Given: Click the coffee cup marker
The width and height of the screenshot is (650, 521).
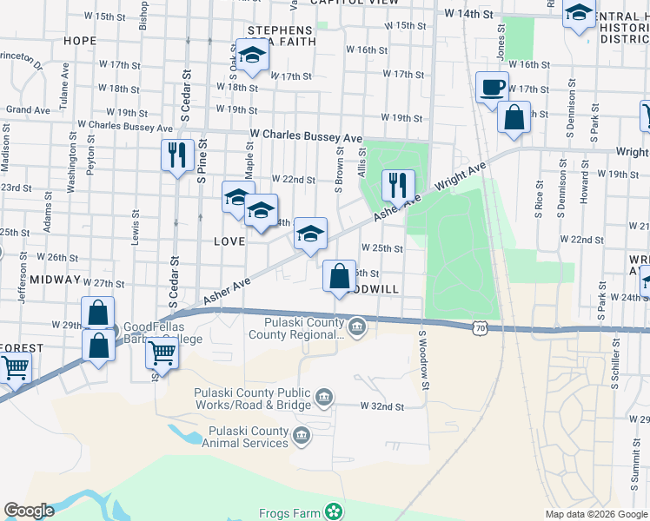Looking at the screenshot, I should tap(492, 88).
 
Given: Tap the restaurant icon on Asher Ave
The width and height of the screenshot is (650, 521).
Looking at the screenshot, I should tap(398, 185).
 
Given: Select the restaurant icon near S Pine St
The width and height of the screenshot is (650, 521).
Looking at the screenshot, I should tap(177, 155).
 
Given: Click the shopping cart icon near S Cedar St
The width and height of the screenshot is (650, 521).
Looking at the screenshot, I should tap(162, 354).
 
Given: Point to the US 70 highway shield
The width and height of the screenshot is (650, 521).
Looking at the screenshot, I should tap(480, 327).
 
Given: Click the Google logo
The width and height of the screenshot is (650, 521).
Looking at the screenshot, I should tap(29, 511).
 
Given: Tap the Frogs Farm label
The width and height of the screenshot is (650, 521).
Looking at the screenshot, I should tap(289, 512).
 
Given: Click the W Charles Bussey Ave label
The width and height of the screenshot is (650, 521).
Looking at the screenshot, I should tap(305, 137).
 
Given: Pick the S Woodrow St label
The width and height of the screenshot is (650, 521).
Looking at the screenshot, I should tap(424, 358).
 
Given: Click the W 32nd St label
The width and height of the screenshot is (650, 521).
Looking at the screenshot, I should tap(382, 406).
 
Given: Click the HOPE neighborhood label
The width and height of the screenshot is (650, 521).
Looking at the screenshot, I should tap(80, 41).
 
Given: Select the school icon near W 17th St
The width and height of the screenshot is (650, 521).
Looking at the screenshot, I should tap(253, 55).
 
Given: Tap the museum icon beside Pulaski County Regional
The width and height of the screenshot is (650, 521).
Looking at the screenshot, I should tap(358, 327).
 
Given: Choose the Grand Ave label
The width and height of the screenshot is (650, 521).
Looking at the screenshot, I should tap(29, 110).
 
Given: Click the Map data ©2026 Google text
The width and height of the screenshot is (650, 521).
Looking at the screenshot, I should tap(596, 514).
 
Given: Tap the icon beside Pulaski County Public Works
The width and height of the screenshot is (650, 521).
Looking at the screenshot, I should tap(324, 398).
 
